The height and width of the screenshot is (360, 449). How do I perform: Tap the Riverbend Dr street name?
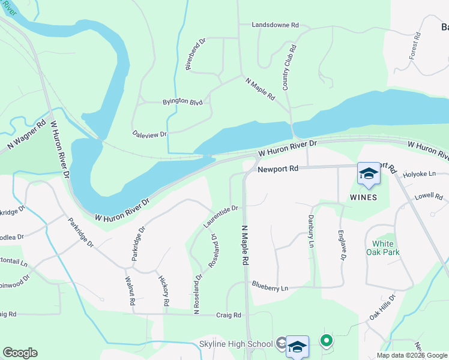coord(196,55)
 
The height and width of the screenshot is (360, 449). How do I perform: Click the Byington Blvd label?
coord(182,102)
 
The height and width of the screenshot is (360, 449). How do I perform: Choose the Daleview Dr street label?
coord(149,135)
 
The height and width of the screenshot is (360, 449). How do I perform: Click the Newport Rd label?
coord(278,169)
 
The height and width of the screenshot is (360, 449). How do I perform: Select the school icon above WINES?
coord(368,174)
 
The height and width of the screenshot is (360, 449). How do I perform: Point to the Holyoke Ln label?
coord(418,174)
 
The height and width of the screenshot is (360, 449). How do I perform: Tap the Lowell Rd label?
coord(427,196)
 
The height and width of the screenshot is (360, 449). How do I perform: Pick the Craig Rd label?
coord(229,315)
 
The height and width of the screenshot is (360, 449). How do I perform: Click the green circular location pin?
coord(326,341)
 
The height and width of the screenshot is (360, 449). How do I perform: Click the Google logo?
coord(20,353)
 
